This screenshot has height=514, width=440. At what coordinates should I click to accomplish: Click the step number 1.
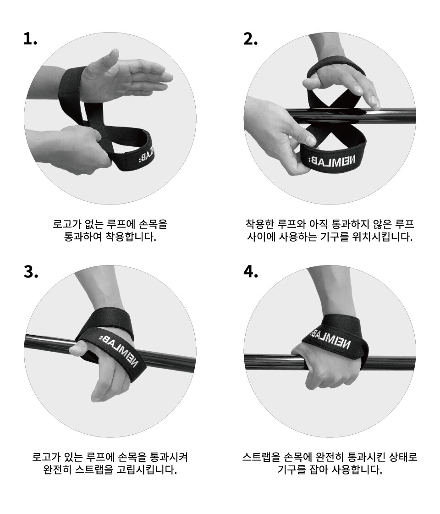click(30, 39)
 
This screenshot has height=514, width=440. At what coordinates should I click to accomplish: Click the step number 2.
click(251, 39)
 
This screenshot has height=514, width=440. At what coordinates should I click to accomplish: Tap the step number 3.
click(31, 272)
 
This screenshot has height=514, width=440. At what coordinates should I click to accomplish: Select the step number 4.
click(251, 272)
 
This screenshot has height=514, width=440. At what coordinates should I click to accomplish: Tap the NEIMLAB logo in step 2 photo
click(332, 161)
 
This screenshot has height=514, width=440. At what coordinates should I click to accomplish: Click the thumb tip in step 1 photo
click(115, 51)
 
